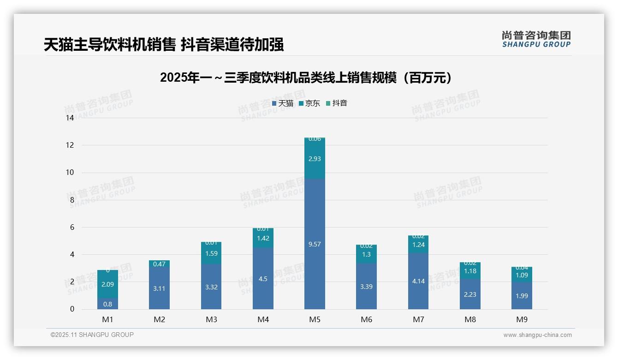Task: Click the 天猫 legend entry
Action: [x=283, y=103]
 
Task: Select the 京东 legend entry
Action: [x=309, y=103]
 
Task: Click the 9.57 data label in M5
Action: [x=315, y=244]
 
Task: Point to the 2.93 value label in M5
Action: [x=315, y=159]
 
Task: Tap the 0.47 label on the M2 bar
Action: [x=159, y=264]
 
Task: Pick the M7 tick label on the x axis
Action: [x=418, y=319]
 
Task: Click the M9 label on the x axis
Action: [x=522, y=319]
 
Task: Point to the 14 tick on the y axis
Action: [x=70, y=118]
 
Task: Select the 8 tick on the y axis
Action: [x=72, y=200]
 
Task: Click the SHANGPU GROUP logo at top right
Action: [x=536, y=39]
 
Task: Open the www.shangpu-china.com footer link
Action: [x=537, y=335]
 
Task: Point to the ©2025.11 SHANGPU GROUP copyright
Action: [x=92, y=335]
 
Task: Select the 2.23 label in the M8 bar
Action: [x=470, y=294]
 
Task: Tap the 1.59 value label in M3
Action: [x=211, y=253]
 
